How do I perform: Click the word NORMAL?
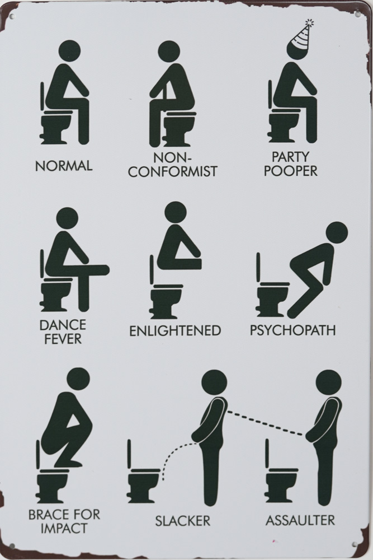tap(64, 166)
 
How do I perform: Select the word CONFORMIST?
tap(173, 171)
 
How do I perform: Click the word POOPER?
tap(290, 171)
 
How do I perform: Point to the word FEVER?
tap(63, 339)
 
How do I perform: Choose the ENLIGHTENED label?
tap(174, 331)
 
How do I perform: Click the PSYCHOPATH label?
tap(292, 330)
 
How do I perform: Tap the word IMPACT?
tap(64, 528)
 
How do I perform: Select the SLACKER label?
tap(182, 521)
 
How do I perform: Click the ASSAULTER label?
tap(300, 520)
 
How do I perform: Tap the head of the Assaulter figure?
tap(328, 382)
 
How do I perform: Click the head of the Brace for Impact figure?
tap(78, 380)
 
